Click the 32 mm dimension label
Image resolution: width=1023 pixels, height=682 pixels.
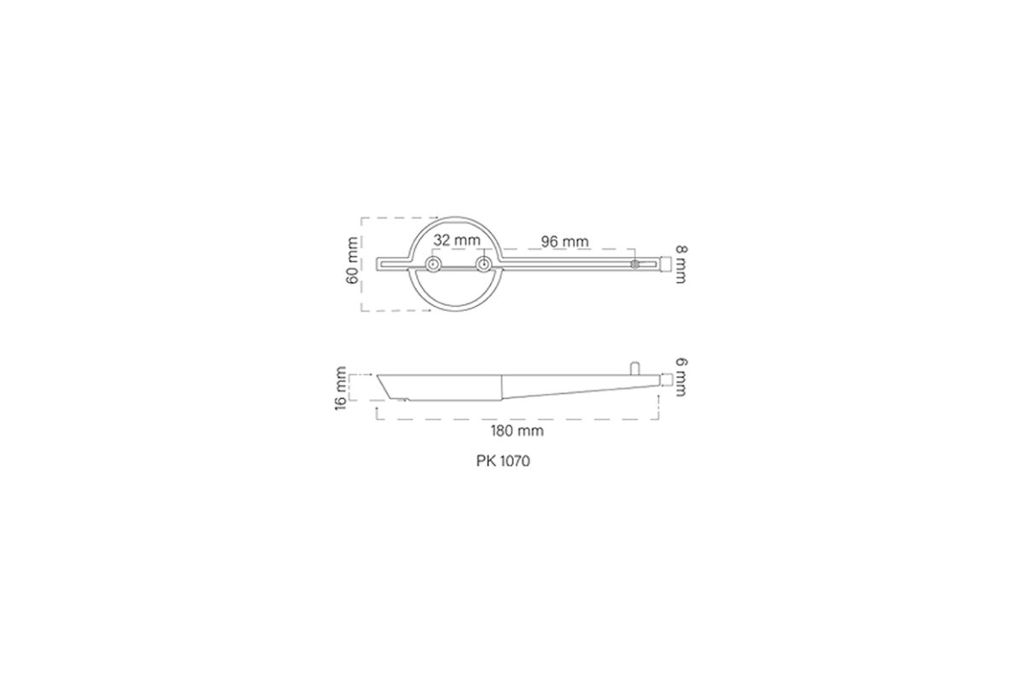pyautogui.click(x=457, y=240)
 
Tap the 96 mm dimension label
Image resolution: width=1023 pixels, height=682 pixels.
pyautogui.click(x=565, y=241)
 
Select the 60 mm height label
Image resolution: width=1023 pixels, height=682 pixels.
pyautogui.click(x=353, y=261)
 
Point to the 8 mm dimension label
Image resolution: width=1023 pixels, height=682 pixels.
pyautogui.click(x=680, y=264)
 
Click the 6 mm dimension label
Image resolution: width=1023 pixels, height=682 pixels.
pyautogui.click(x=680, y=378)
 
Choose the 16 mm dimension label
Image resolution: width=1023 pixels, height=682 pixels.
pyautogui.click(x=341, y=388)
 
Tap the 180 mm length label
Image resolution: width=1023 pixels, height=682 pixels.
pyautogui.click(x=517, y=431)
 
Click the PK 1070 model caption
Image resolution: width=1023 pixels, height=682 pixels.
pyautogui.click(x=503, y=461)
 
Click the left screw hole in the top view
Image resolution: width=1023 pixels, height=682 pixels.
pyautogui.click(x=433, y=264)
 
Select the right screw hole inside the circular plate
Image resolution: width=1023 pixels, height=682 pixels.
pyautogui.click(x=483, y=264)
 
